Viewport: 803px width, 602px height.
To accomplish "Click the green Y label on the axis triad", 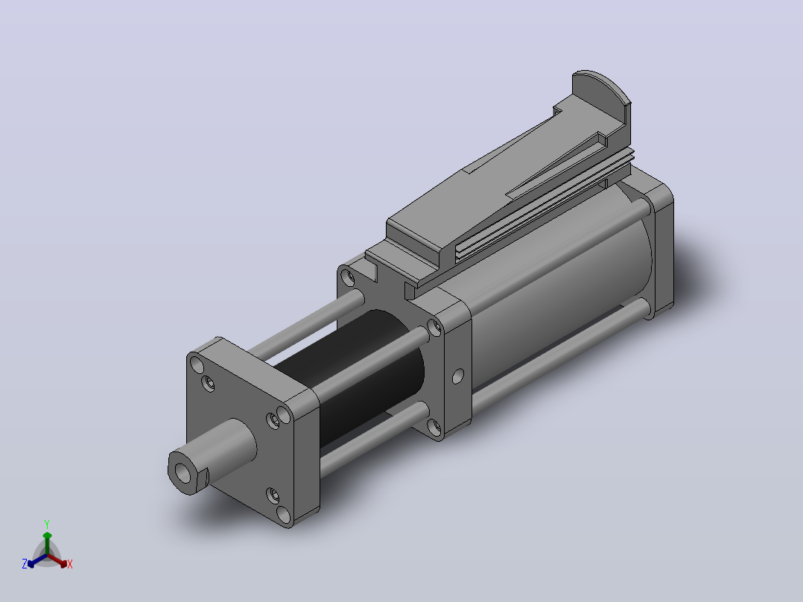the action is [x=47, y=524].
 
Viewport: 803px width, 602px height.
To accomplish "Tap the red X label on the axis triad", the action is [x=70, y=564].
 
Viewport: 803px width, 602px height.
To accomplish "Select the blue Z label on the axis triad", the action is [x=25, y=564].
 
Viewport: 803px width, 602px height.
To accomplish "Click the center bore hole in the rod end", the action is [x=182, y=473].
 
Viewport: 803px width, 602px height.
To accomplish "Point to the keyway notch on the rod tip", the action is [x=203, y=477].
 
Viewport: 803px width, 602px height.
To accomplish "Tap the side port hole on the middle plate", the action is [x=458, y=376].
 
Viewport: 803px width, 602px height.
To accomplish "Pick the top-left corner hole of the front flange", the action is [x=197, y=365].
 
